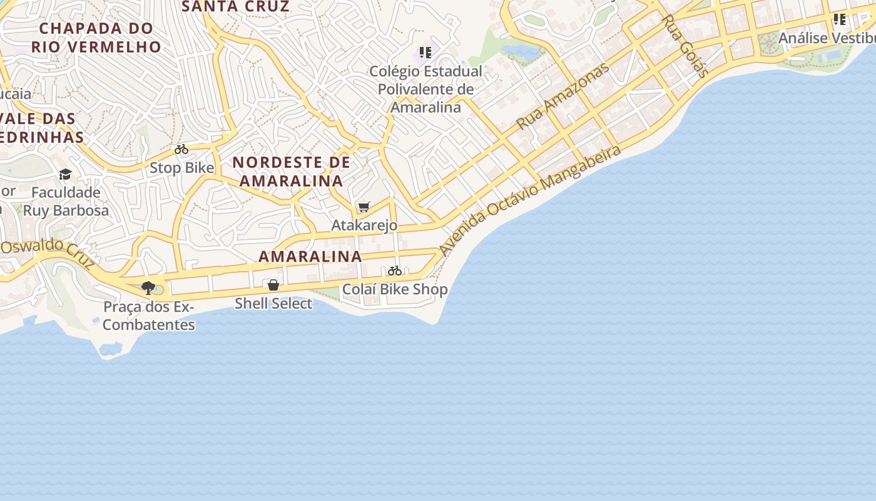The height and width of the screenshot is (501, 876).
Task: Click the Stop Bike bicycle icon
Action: click(x=181, y=150)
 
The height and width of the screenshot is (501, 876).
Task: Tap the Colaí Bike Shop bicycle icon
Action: click(x=394, y=271)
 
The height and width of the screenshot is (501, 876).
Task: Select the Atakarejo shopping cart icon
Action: click(x=364, y=207)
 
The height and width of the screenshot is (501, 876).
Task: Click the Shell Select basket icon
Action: click(x=273, y=285)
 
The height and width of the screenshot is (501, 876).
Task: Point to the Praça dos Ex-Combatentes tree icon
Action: click(x=148, y=288)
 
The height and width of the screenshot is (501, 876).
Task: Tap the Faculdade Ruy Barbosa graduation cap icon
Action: click(x=66, y=174)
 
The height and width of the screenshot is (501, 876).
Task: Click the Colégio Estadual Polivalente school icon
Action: click(x=425, y=53)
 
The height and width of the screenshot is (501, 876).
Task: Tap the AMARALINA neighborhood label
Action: click(x=310, y=256)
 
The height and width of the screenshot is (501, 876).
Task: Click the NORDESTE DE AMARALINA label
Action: click(x=291, y=172)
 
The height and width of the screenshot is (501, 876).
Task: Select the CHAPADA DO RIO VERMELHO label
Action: click(x=96, y=37)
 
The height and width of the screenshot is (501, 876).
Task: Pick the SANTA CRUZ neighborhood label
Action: click(x=235, y=7)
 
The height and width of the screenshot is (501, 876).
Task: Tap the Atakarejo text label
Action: click(x=364, y=225)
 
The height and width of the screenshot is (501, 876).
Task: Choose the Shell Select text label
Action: click(x=273, y=304)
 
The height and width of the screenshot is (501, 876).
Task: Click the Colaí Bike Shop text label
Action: click(x=395, y=289)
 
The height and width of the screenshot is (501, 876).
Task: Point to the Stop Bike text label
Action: click(x=181, y=168)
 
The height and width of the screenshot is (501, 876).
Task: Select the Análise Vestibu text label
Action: click(x=827, y=38)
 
